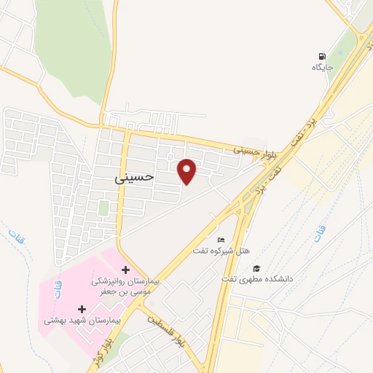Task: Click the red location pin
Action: (x=188, y=171)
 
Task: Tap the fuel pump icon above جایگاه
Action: (x=322, y=56)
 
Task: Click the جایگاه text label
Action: (x=322, y=68)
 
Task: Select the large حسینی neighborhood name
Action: (x=135, y=176)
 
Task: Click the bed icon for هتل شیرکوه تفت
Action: (x=221, y=240)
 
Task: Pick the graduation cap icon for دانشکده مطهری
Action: (x=256, y=268)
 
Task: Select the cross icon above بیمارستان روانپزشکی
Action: (x=125, y=270)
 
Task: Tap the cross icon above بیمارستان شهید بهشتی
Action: (x=82, y=309)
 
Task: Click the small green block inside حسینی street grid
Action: (x=103, y=208)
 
